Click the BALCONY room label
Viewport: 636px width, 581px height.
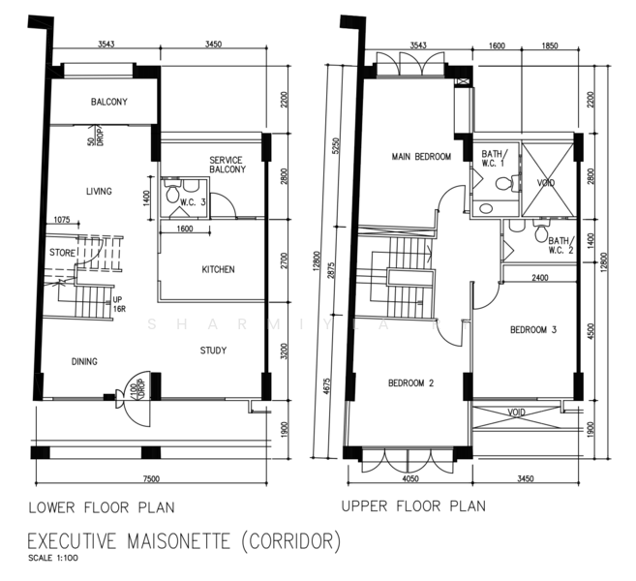click(109, 102)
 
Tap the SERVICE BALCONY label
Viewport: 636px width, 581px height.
click(227, 165)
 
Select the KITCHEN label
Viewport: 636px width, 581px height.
click(218, 269)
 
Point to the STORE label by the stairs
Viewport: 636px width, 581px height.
click(63, 253)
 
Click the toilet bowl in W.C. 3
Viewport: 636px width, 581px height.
click(172, 193)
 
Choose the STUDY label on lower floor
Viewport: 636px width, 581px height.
click(213, 351)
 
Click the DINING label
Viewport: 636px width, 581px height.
click(84, 361)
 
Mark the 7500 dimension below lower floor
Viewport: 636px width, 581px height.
click(151, 478)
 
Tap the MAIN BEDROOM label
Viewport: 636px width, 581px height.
click(421, 156)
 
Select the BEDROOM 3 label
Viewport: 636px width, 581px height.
click(533, 329)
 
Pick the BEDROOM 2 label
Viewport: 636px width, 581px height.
click(410, 382)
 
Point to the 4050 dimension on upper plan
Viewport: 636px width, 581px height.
click(410, 478)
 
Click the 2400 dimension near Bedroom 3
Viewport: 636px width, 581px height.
click(540, 278)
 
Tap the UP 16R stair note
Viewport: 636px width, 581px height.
click(119, 304)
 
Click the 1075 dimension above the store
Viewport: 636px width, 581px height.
click(62, 220)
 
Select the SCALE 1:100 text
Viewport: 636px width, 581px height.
click(53, 558)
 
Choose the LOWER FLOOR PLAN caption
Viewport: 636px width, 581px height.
click(102, 507)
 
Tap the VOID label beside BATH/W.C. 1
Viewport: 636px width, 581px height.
click(546, 183)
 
